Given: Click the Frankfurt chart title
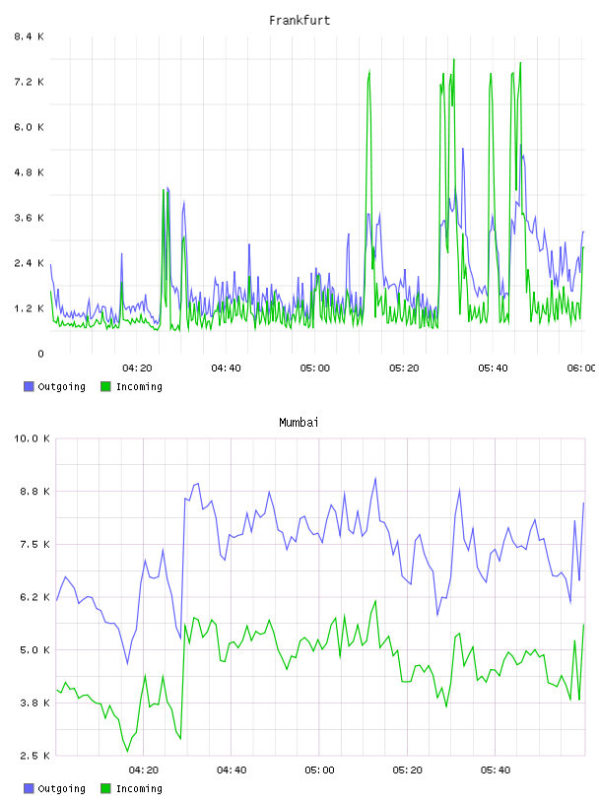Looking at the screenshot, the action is coord(299,21).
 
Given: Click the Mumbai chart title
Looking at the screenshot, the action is coord(299,423).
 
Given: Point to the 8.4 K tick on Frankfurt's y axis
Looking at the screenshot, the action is coord(29,36).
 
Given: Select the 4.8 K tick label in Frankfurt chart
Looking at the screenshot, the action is coord(29,172).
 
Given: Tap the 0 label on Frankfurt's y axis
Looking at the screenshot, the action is coord(40,354).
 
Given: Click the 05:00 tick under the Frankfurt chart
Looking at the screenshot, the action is coord(315,368).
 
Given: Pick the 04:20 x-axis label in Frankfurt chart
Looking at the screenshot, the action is coord(137,368).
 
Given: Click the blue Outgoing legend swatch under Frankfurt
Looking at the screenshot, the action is coord(29,386).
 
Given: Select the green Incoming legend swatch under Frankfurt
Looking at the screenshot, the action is coord(105,386).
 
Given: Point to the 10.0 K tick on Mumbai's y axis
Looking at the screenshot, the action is coord(32,438).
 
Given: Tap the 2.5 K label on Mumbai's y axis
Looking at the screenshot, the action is coord(34,756).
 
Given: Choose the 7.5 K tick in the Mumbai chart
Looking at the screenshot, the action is coord(34,545).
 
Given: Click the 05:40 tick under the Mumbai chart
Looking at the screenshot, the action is coord(496,770).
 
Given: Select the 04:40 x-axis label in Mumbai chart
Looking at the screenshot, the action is coord(232,770).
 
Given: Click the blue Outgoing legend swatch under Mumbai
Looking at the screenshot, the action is coord(29,788).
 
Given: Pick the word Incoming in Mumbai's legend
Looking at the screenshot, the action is coord(139,788).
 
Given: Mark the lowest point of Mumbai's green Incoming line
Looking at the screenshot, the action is coord(128,752).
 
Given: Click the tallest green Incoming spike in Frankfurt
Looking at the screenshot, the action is coord(454,59).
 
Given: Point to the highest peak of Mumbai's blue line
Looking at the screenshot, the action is coord(375,478).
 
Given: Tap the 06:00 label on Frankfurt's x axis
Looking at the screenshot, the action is coord(581,368).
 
